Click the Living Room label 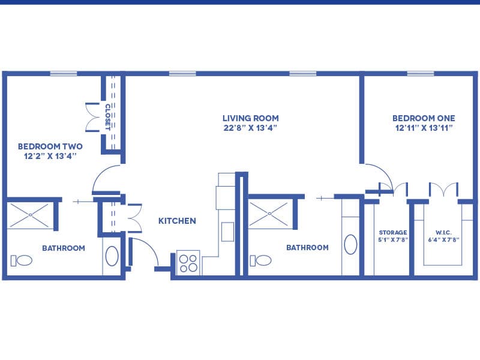click(250, 118)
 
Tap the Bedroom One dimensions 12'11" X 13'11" click(424, 128)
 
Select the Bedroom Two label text click(50, 146)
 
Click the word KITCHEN click(177, 221)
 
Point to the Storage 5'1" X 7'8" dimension click(393, 239)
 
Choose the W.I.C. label click(443, 233)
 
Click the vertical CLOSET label click(108, 117)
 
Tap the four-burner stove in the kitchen click(188, 263)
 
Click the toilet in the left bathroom click(22, 260)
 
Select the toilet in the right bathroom click(260, 260)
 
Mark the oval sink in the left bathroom click(112, 256)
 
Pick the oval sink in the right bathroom click(350, 244)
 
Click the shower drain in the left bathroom click(30, 215)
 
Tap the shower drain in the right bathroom click(269, 214)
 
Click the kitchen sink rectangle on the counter click(227, 232)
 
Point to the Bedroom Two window click(64, 73)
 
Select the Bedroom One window click(421, 73)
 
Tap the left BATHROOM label click(64, 248)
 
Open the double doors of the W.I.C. click(443, 189)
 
